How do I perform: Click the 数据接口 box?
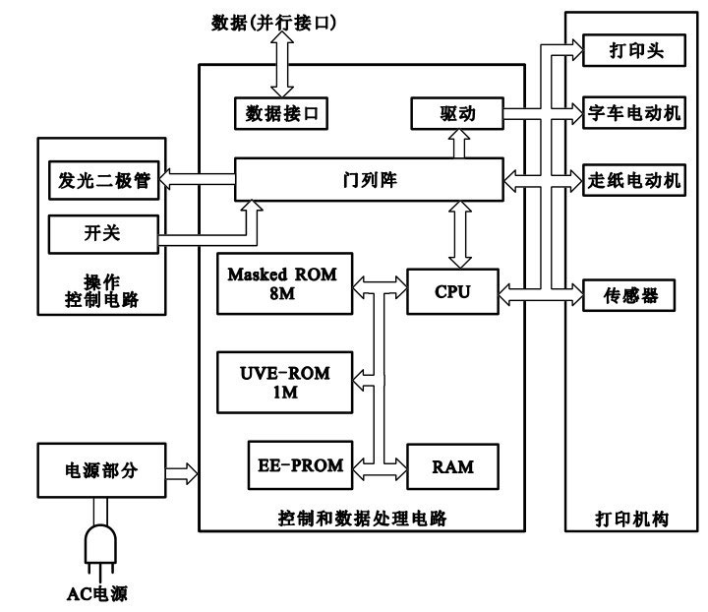[x=280, y=113]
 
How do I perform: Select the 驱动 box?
[x=457, y=113]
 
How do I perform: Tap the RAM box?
[x=452, y=467]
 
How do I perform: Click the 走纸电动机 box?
[x=633, y=180]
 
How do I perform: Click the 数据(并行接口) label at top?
[x=273, y=21]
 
